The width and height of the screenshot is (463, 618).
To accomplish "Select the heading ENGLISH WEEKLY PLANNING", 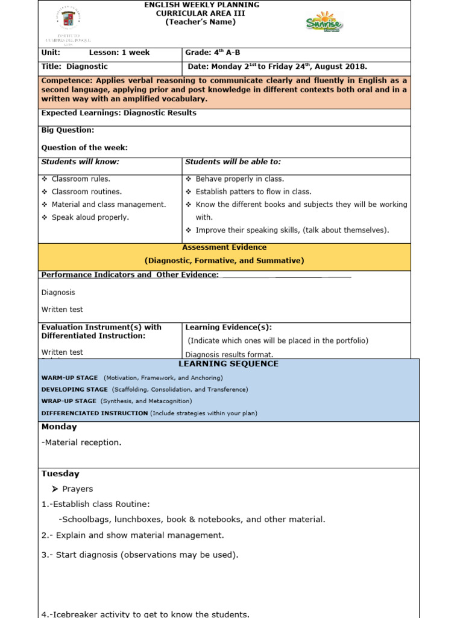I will pyautogui.click(x=201, y=5).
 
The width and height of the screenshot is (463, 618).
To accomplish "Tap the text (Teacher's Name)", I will pyautogui.click(x=201, y=22).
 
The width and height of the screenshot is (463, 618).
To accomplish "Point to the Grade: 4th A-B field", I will pyautogui.click(x=208, y=53).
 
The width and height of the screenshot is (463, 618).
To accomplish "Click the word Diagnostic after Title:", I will pyautogui.click(x=87, y=66).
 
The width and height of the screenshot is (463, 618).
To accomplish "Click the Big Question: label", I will pyautogui.click(x=68, y=130).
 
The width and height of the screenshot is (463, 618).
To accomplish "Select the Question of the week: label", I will pyautogui.click(x=84, y=147).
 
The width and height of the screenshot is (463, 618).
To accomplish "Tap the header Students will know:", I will pyautogui.click(x=80, y=162).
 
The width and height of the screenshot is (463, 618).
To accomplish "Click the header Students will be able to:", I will pyautogui.click(x=233, y=162).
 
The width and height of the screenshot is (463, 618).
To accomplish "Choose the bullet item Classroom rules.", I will pyautogui.click(x=81, y=179).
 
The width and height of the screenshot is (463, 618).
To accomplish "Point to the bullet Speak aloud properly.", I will pyautogui.click(x=90, y=217).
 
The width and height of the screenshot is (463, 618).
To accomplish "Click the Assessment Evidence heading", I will pyautogui.click(x=224, y=247).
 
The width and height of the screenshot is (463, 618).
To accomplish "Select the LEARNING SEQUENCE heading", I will pyautogui.click(x=228, y=364).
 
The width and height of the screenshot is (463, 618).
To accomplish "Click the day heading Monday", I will pyautogui.click(x=59, y=427).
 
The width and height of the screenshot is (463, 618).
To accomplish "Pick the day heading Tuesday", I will pyautogui.click(x=60, y=474).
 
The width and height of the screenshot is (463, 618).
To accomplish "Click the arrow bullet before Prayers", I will pyautogui.click(x=55, y=489).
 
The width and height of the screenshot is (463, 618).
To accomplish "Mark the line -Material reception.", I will pyautogui.click(x=81, y=442).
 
